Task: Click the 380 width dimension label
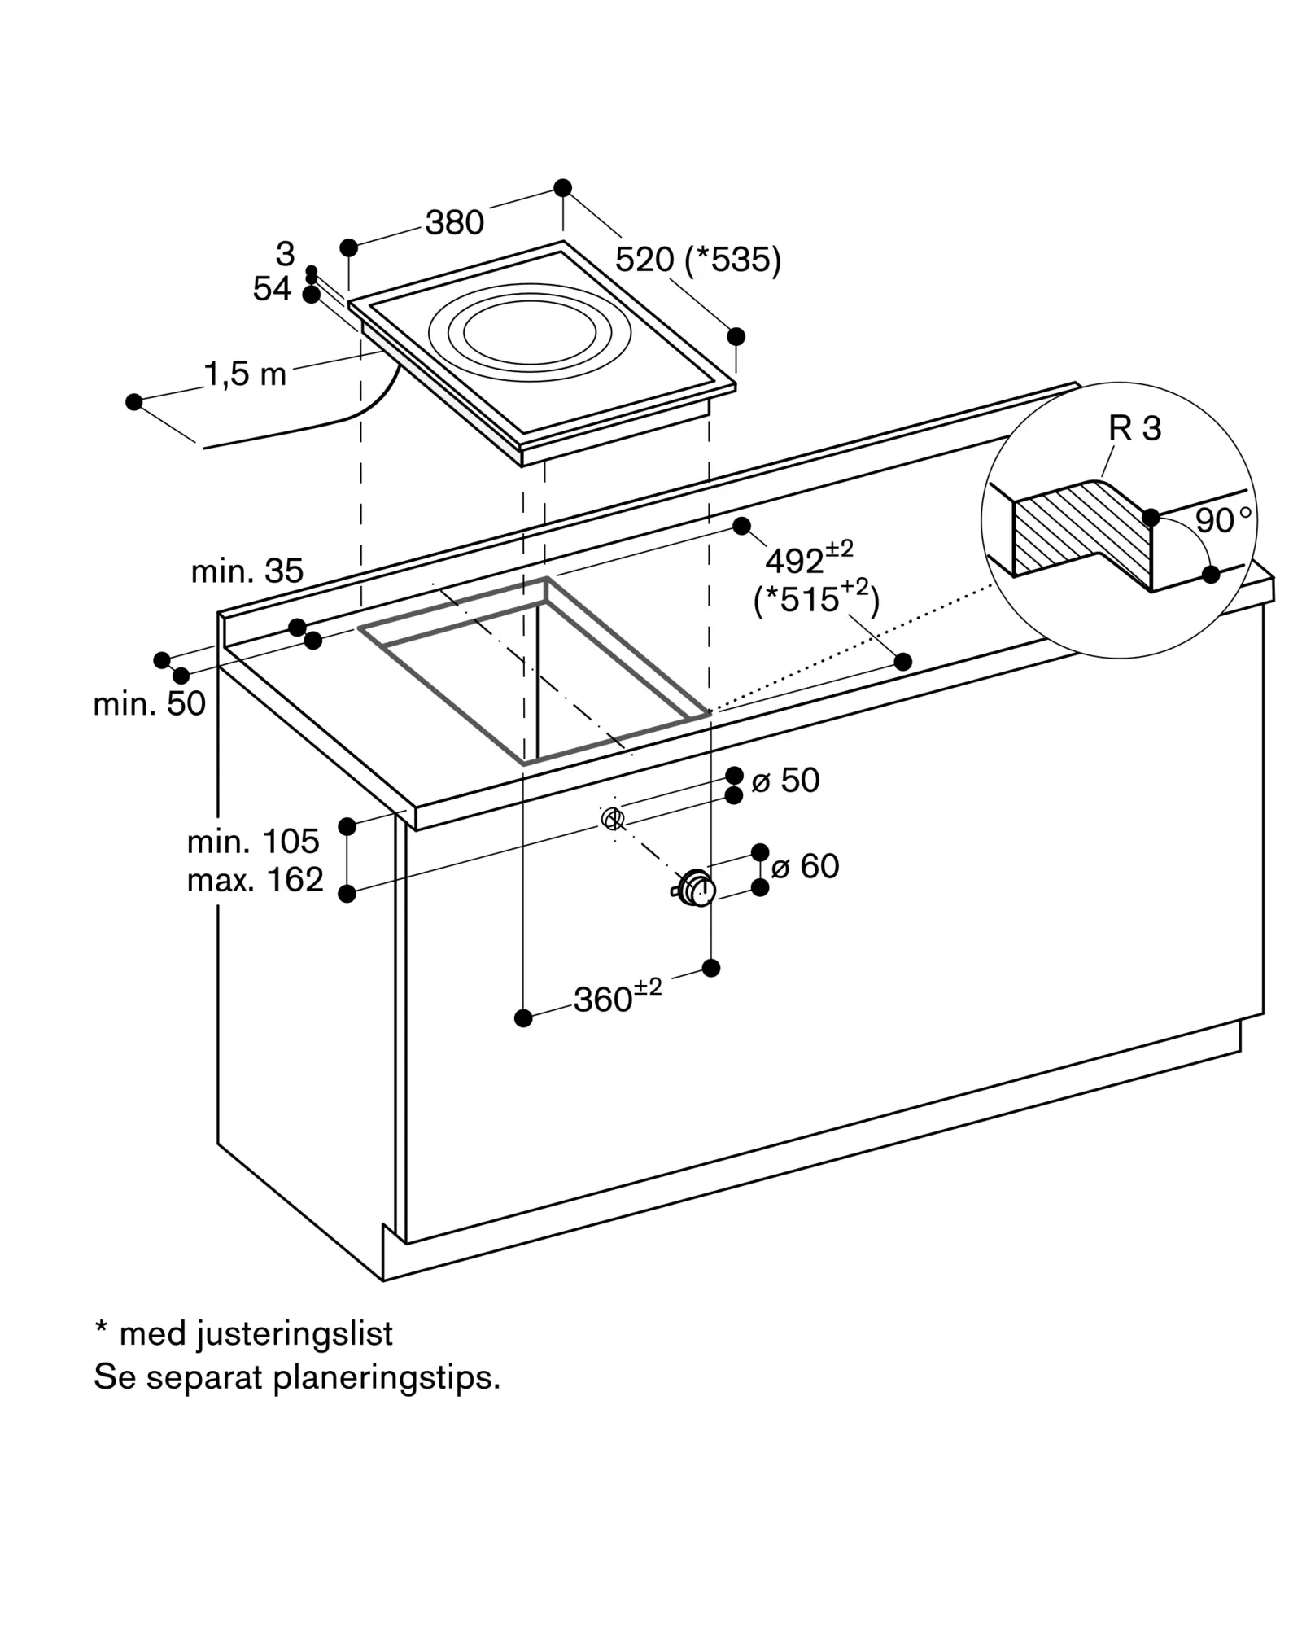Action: pyautogui.click(x=455, y=222)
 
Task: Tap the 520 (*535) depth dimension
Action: pyautogui.click(x=698, y=260)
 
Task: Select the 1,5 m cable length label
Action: pyautogui.click(x=245, y=374)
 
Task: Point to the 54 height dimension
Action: pyautogui.click(x=272, y=289)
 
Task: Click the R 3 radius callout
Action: pyautogui.click(x=1134, y=428)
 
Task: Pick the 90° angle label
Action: pyautogui.click(x=1223, y=520)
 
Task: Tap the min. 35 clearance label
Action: pyautogui.click(x=247, y=571)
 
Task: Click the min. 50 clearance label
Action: pyautogui.click(x=150, y=704)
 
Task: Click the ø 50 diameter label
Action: pyautogui.click(x=785, y=780)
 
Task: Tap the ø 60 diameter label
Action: pyautogui.click(x=805, y=866)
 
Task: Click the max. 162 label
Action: pyautogui.click(x=256, y=880)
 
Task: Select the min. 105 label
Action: pyautogui.click(x=253, y=842)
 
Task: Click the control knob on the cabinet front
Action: pyautogui.click(x=696, y=888)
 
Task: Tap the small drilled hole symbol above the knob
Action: pyautogui.click(x=613, y=819)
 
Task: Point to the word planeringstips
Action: pyautogui.click(x=387, y=1378)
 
